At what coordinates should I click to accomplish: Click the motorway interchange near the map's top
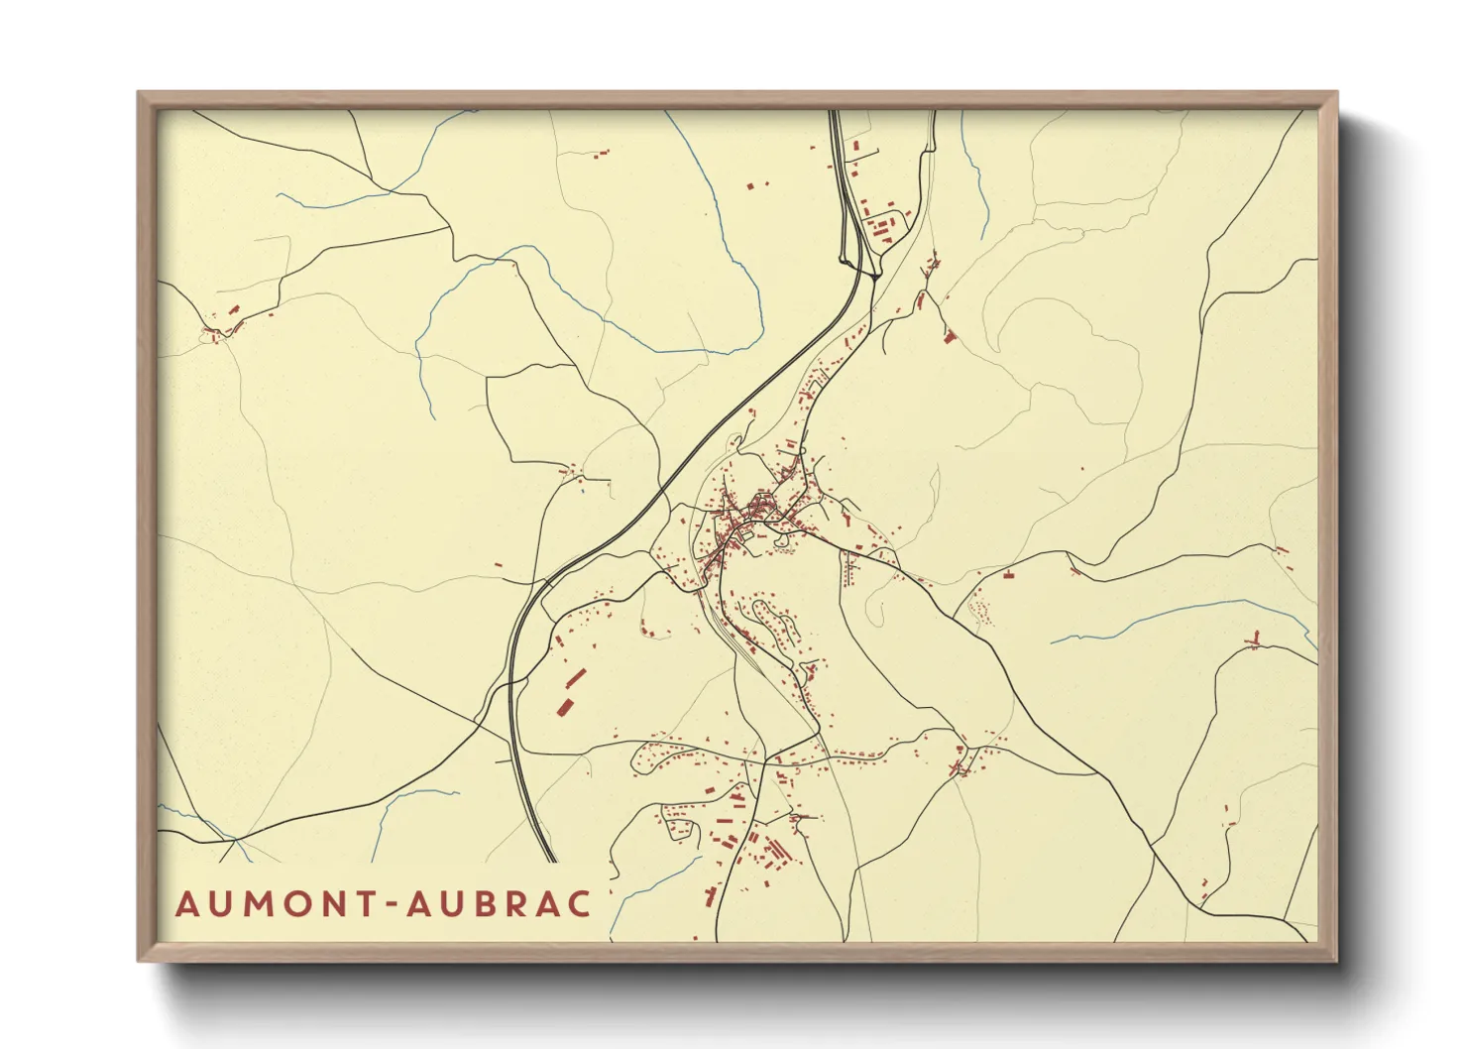click(860, 261)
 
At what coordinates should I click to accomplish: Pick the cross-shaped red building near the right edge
click(1255, 641)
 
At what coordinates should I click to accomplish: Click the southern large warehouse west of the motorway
click(566, 706)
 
